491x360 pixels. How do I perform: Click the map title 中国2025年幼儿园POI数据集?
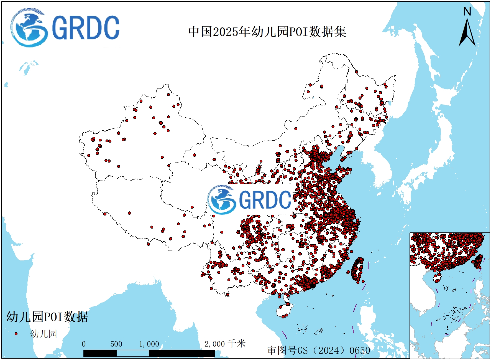tap(267, 32)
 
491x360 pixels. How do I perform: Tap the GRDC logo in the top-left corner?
tap(65, 27)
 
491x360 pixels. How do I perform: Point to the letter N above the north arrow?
tap(467, 12)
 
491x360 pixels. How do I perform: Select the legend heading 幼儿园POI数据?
tap(47, 317)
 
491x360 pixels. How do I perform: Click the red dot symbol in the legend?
tap(16, 334)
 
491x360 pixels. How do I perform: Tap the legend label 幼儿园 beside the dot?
tap(44, 334)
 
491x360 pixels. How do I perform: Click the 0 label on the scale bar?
tap(84, 344)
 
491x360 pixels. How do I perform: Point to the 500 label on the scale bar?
tap(116, 344)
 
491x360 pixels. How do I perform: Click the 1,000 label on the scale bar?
tap(149, 344)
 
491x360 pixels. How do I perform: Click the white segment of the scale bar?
tap(132, 353)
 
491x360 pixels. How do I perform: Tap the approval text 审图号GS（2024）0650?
tap(319, 350)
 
